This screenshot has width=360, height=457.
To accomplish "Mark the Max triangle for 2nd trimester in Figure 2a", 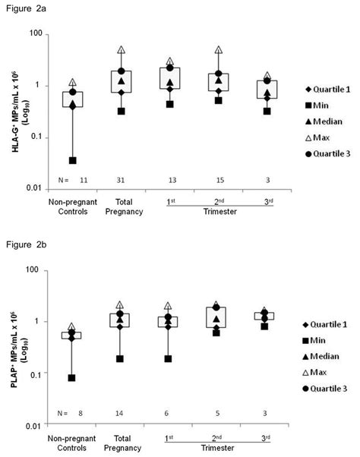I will click(x=219, y=50).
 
